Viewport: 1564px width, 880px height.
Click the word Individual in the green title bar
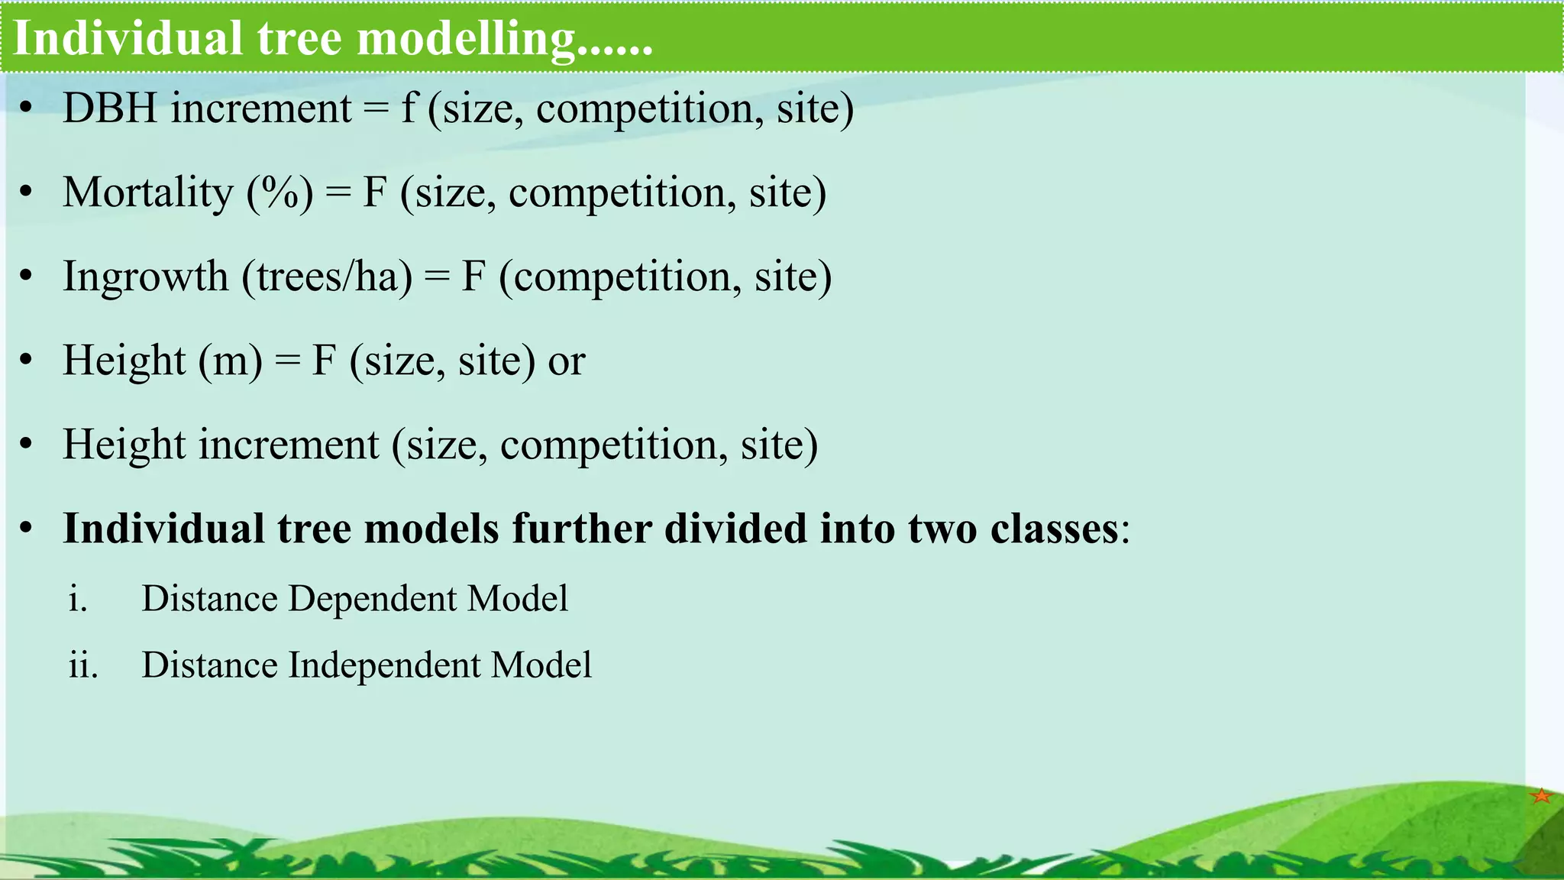tap(128, 38)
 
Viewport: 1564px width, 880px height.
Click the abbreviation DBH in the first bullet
tap(110, 108)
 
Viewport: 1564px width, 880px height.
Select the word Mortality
tap(148, 192)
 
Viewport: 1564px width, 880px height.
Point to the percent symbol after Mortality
tap(280, 192)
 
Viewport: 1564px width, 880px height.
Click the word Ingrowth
tap(146, 277)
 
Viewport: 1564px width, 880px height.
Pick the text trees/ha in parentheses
tap(328, 277)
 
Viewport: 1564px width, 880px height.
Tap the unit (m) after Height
tap(231, 361)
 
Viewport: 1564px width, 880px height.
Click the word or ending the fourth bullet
tap(567, 361)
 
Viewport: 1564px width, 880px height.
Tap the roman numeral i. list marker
tap(77, 599)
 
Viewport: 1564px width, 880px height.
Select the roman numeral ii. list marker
tap(82, 665)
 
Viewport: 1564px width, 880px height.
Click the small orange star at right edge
tap(1542, 796)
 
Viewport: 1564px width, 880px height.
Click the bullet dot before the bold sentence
tap(27, 529)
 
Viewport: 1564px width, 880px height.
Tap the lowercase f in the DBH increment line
tap(409, 108)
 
